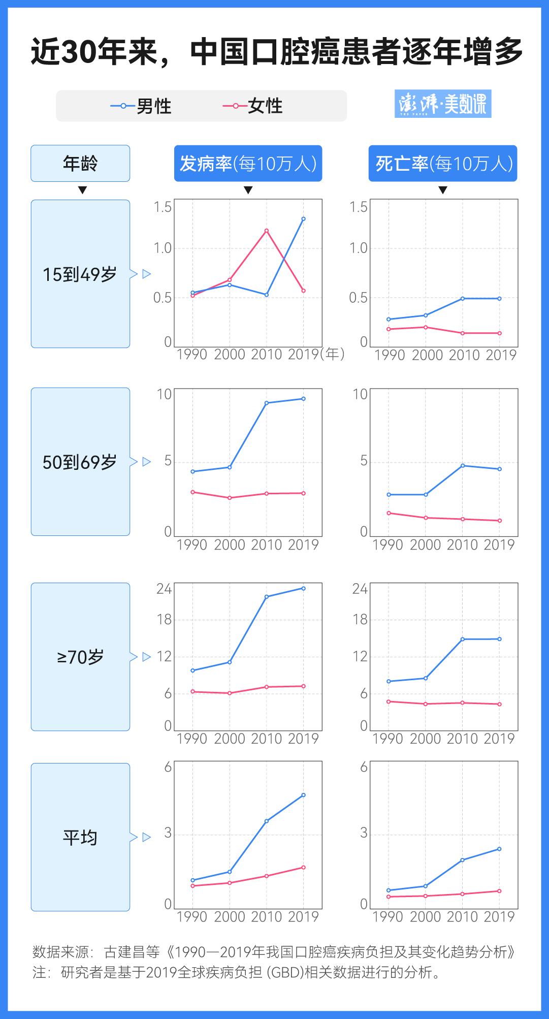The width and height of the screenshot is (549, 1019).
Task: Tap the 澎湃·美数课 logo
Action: (443, 104)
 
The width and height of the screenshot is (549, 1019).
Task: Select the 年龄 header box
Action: (80, 164)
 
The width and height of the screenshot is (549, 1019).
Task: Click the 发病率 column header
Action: (248, 164)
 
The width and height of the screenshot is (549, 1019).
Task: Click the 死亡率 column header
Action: (443, 164)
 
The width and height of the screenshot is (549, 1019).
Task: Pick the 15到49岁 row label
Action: (80, 274)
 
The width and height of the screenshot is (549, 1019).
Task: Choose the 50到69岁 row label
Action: (80, 462)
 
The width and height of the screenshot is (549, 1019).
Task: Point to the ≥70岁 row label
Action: (80, 657)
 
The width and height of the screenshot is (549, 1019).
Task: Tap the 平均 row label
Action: (80, 837)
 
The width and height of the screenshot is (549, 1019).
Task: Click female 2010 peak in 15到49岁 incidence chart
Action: (267, 231)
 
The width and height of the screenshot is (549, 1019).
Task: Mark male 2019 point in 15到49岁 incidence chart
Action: (304, 219)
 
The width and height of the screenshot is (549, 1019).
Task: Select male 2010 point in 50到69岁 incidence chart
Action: (267, 403)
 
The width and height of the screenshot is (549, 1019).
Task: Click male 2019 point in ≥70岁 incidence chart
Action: (304, 588)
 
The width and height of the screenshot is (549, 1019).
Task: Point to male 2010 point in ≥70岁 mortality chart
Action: (463, 639)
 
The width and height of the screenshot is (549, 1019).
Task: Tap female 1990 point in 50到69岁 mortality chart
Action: (389, 513)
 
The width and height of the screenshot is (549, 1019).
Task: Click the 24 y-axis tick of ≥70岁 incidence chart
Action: (164, 589)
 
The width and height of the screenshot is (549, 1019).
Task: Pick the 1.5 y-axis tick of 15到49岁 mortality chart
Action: (359, 207)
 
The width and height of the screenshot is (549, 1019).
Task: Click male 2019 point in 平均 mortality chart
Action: (500, 849)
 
